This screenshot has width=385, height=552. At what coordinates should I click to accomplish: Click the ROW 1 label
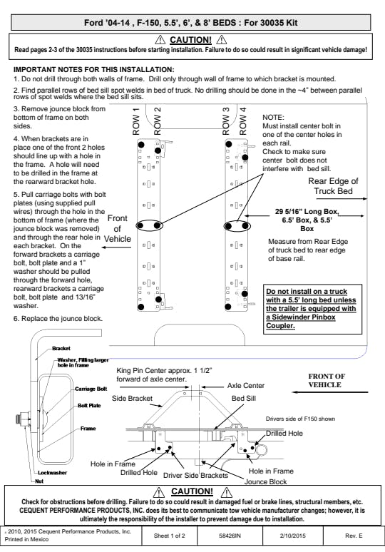coord(136,121)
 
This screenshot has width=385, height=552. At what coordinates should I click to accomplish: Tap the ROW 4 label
coord(243,121)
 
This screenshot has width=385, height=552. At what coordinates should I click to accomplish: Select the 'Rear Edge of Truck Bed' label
coord(333,186)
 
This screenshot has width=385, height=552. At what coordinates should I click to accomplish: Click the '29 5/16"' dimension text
coord(288,212)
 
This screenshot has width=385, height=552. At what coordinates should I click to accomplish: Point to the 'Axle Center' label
coord(246,386)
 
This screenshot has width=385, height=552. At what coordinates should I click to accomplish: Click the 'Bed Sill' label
coord(244,398)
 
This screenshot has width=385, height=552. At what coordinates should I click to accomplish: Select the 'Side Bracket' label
coord(132,398)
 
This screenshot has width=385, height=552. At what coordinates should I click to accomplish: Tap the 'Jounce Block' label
coord(265,481)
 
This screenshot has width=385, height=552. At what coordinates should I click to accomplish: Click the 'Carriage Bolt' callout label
coord(91,389)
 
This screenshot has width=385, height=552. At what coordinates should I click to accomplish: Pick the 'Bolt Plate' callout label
coord(89,406)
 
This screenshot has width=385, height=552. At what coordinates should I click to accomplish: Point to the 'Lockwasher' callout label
coord(52,473)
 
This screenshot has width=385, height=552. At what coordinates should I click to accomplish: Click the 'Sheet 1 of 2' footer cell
coord(169,536)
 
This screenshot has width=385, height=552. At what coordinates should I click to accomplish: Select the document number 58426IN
coord(230,536)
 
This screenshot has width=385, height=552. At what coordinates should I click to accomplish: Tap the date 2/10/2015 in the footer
coord(293,536)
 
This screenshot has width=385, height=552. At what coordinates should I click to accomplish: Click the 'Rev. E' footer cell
coord(354,536)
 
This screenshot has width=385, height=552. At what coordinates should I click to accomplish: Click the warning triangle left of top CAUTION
coord(160,39)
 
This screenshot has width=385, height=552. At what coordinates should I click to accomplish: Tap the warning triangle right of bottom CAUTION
coord(227,492)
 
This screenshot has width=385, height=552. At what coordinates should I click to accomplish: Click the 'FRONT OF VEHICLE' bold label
coord(327,381)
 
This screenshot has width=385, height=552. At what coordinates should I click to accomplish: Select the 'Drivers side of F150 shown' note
coord(300,419)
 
